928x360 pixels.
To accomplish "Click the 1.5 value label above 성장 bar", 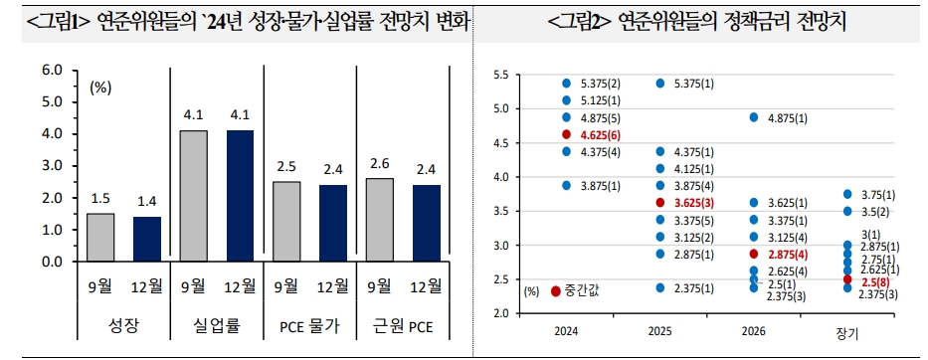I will [100, 199].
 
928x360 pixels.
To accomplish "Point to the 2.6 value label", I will [379, 164].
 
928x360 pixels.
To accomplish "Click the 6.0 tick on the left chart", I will [50, 71].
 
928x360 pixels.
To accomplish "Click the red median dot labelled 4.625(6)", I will [566, 133].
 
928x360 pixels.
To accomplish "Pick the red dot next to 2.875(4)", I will [754, 254].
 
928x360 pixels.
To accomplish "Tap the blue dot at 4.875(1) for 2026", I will [754, 116].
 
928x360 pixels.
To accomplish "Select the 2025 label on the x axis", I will [660, 329].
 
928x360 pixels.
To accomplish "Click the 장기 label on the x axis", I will [846, 330].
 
